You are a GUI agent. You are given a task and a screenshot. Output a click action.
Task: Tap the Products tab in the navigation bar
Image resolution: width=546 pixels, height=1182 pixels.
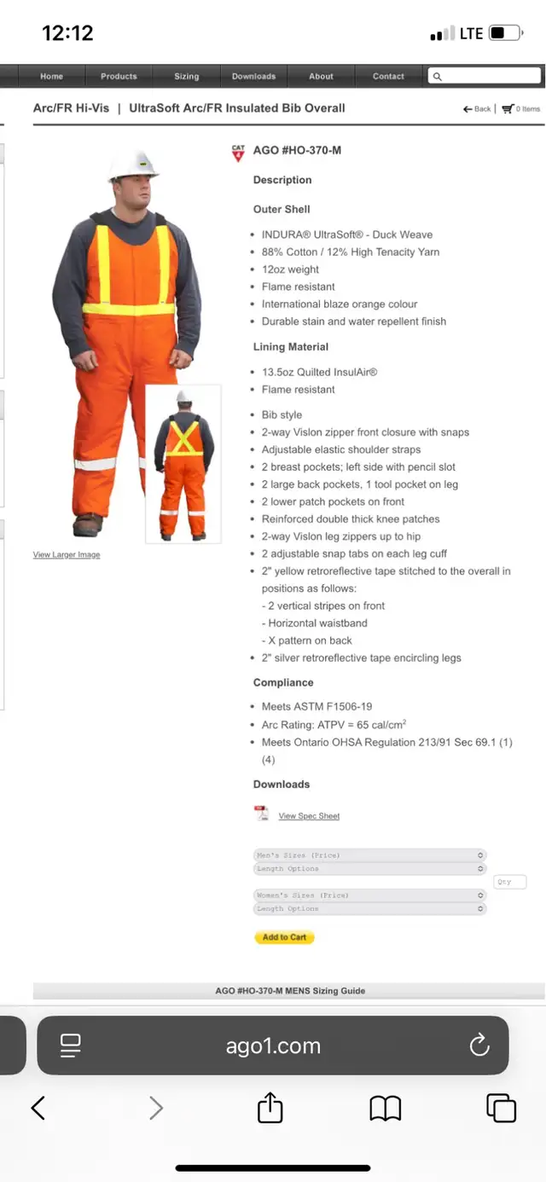[119, 77]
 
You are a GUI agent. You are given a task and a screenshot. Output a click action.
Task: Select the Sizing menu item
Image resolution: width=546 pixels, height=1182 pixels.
[186, 77]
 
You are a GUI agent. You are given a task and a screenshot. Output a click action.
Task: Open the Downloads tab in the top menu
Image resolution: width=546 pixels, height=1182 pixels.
[253, 77]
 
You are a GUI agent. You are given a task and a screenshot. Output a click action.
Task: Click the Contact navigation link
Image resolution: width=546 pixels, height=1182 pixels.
[388, 77]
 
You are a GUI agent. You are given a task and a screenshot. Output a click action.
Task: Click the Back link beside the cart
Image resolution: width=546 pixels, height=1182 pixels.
[478, 109]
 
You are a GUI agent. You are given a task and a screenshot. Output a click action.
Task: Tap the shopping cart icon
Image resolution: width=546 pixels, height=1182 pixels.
[508, 109]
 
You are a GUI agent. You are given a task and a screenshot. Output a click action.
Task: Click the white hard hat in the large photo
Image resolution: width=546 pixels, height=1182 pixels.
[133, 164]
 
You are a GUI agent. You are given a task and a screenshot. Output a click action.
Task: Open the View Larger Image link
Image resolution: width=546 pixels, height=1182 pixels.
[67, 555]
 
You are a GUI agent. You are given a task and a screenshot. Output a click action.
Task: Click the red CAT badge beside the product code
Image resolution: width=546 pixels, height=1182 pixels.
[238, 153]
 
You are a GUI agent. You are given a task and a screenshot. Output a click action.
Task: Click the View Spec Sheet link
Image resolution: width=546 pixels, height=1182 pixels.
[309, 816]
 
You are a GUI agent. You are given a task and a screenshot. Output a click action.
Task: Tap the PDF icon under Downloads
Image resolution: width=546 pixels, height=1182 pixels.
[261, 814]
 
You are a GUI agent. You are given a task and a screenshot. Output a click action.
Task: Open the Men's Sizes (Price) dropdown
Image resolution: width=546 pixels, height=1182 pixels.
[370, 855]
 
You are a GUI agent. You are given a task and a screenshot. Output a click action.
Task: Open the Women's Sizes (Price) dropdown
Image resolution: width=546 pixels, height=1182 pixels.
[370, 895]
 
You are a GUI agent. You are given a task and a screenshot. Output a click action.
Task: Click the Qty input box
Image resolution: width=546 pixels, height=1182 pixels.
[509, 882]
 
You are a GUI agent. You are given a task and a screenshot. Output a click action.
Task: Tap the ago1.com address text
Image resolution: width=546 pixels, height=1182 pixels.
[273, 1046]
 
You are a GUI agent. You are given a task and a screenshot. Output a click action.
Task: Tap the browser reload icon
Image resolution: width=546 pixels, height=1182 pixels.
[479, 1045]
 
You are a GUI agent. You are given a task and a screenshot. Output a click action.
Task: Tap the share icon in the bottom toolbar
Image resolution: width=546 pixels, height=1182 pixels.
[270, 1108]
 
